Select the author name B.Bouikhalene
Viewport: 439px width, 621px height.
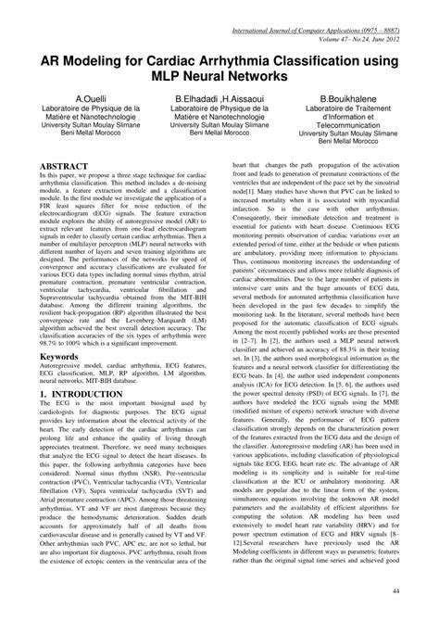pyautogui.click(x=354, y=97)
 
